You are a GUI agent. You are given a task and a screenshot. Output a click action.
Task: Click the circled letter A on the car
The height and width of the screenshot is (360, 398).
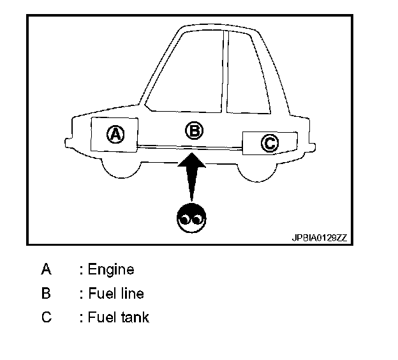coord(115,134)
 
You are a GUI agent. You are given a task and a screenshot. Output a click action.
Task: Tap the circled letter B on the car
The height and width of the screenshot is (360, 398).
coord(194,131)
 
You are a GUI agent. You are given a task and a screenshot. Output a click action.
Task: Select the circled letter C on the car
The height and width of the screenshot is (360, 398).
coord(270,144)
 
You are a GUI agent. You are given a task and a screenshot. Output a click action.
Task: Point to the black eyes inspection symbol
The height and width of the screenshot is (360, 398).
coord(191,218)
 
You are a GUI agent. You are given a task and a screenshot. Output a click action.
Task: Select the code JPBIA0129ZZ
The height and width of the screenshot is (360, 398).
coord(320,237)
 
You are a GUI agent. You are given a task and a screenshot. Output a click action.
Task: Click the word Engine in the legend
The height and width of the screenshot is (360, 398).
coord(111,269)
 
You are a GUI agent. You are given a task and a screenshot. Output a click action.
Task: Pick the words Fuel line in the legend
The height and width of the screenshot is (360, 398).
coord(115,294)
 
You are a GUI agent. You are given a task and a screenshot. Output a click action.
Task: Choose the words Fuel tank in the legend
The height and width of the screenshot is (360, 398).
coord(118,317)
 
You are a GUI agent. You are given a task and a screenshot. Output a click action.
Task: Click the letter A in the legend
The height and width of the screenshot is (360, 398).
coord(46,269)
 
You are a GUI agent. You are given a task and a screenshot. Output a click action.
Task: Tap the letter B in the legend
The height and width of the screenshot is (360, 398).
coord(46,294)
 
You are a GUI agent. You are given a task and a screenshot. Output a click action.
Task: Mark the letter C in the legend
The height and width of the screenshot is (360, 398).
coord(46,317)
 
